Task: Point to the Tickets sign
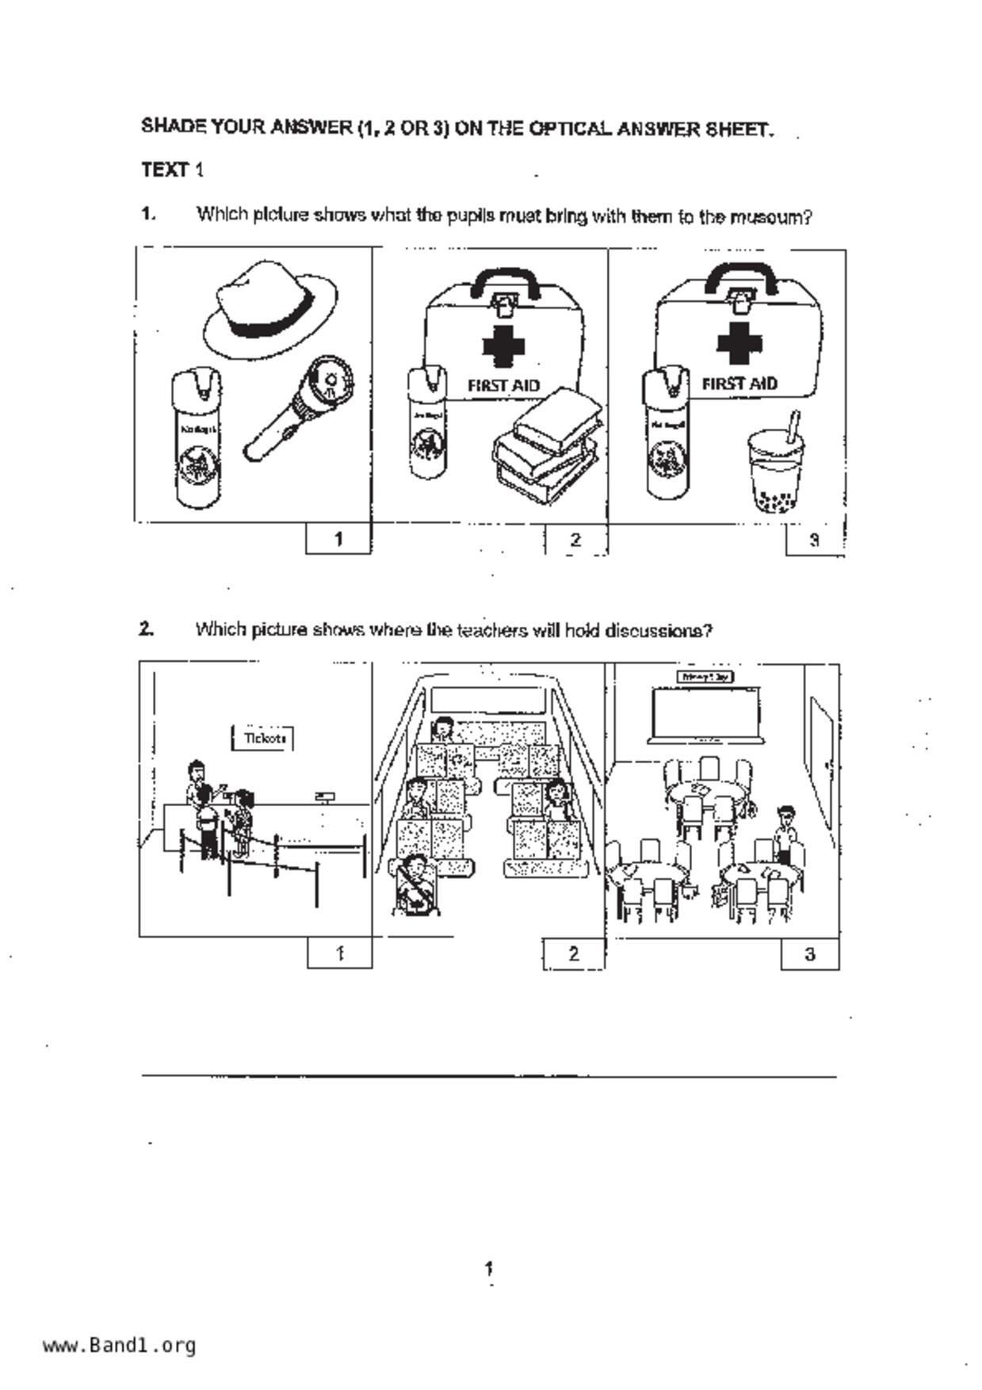264,738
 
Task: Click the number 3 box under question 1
814,540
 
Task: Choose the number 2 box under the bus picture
574,953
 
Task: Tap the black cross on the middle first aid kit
503,346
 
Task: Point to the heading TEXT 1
172,170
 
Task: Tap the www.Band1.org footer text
119,1345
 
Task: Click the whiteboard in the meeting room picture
705,713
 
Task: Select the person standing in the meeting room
785,833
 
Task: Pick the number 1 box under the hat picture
338,539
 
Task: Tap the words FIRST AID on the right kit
739,384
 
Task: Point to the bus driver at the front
444,728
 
